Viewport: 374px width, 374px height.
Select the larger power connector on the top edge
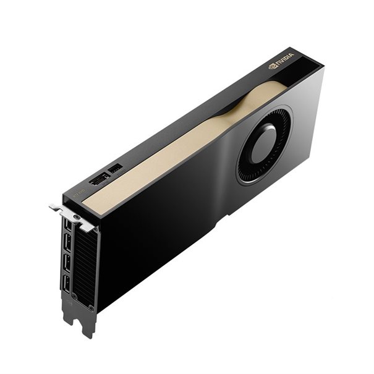click(98, 180)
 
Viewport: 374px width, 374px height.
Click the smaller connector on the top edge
click(115, 168)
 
